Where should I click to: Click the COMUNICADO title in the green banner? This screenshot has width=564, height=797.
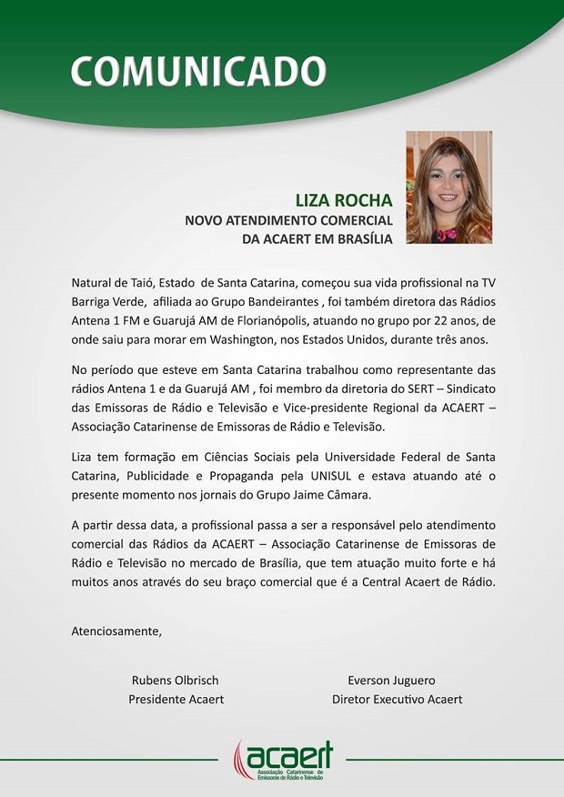point(197,70)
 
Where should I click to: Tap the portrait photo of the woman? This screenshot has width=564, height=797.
point(448,187)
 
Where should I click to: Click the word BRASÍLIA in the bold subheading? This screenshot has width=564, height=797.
point(361,238)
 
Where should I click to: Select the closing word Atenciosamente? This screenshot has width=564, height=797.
point(116,631)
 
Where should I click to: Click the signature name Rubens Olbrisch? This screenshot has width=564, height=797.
point(176,680)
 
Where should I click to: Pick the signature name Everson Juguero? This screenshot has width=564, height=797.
point(392,680)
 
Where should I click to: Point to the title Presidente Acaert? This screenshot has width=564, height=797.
point(176,699)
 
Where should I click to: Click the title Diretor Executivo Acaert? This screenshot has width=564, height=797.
point(398,699)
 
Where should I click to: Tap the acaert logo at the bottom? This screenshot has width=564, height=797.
point(283,760)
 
